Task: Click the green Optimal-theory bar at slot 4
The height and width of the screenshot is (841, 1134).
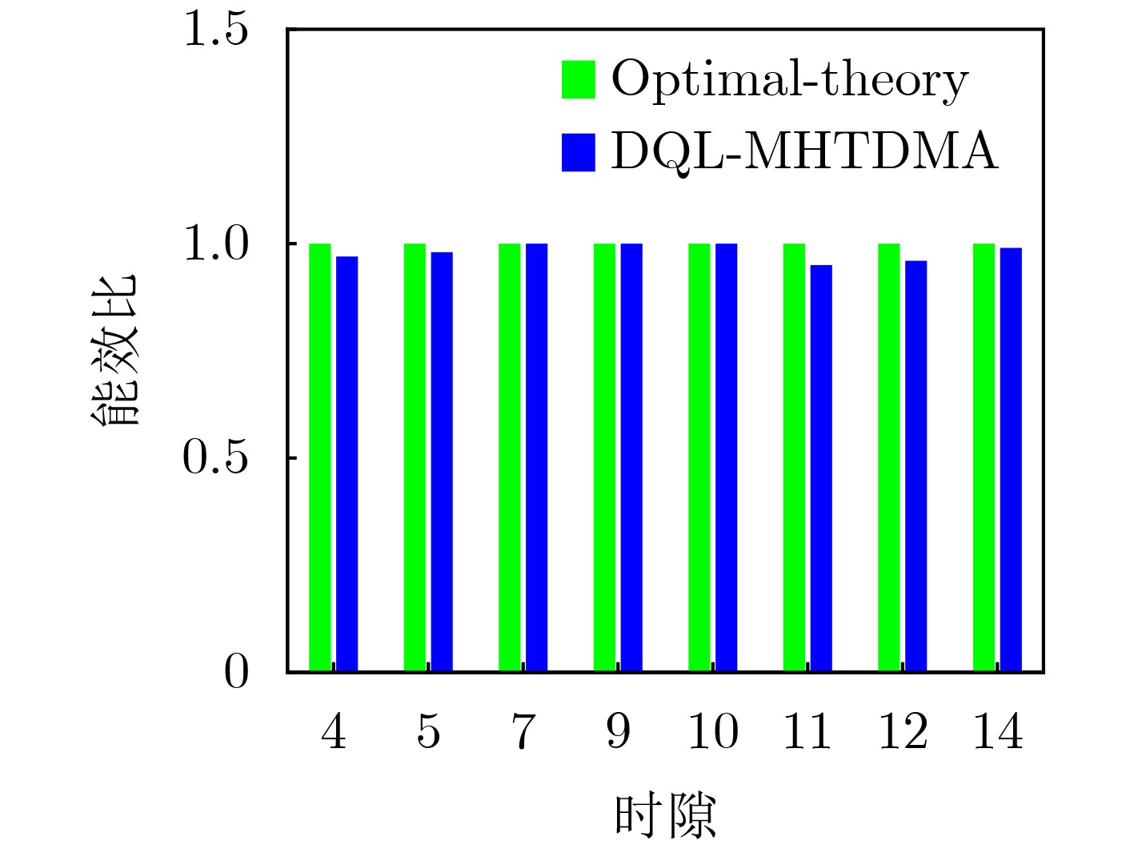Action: click(320, 457)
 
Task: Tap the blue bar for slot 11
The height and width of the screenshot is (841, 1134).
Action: click(821, 468)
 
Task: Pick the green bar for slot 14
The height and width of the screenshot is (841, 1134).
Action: click(984, 457)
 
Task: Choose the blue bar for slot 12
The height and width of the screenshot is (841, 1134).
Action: click(916, 465)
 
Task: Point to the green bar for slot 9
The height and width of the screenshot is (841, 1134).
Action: click(604, 457)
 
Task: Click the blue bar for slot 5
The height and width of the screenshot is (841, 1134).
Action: click(442, 461)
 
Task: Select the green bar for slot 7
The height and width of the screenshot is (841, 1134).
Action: click(510, 457)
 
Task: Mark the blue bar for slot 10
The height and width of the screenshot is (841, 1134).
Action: click(726, 457)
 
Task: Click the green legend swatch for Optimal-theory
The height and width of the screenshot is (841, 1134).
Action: click(578, 79)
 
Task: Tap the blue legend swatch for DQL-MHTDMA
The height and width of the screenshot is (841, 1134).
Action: click(578, 151)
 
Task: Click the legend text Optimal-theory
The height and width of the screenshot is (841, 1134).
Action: click(789, 80)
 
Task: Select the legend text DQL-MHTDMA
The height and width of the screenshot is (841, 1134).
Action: click(804, 151)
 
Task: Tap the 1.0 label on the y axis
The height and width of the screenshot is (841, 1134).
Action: click(216, 244)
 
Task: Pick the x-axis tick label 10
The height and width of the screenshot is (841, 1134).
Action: click(712, 731)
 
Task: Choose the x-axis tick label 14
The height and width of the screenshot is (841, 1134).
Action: click(997, 731)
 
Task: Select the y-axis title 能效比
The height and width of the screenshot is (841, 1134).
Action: click(114, 350)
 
